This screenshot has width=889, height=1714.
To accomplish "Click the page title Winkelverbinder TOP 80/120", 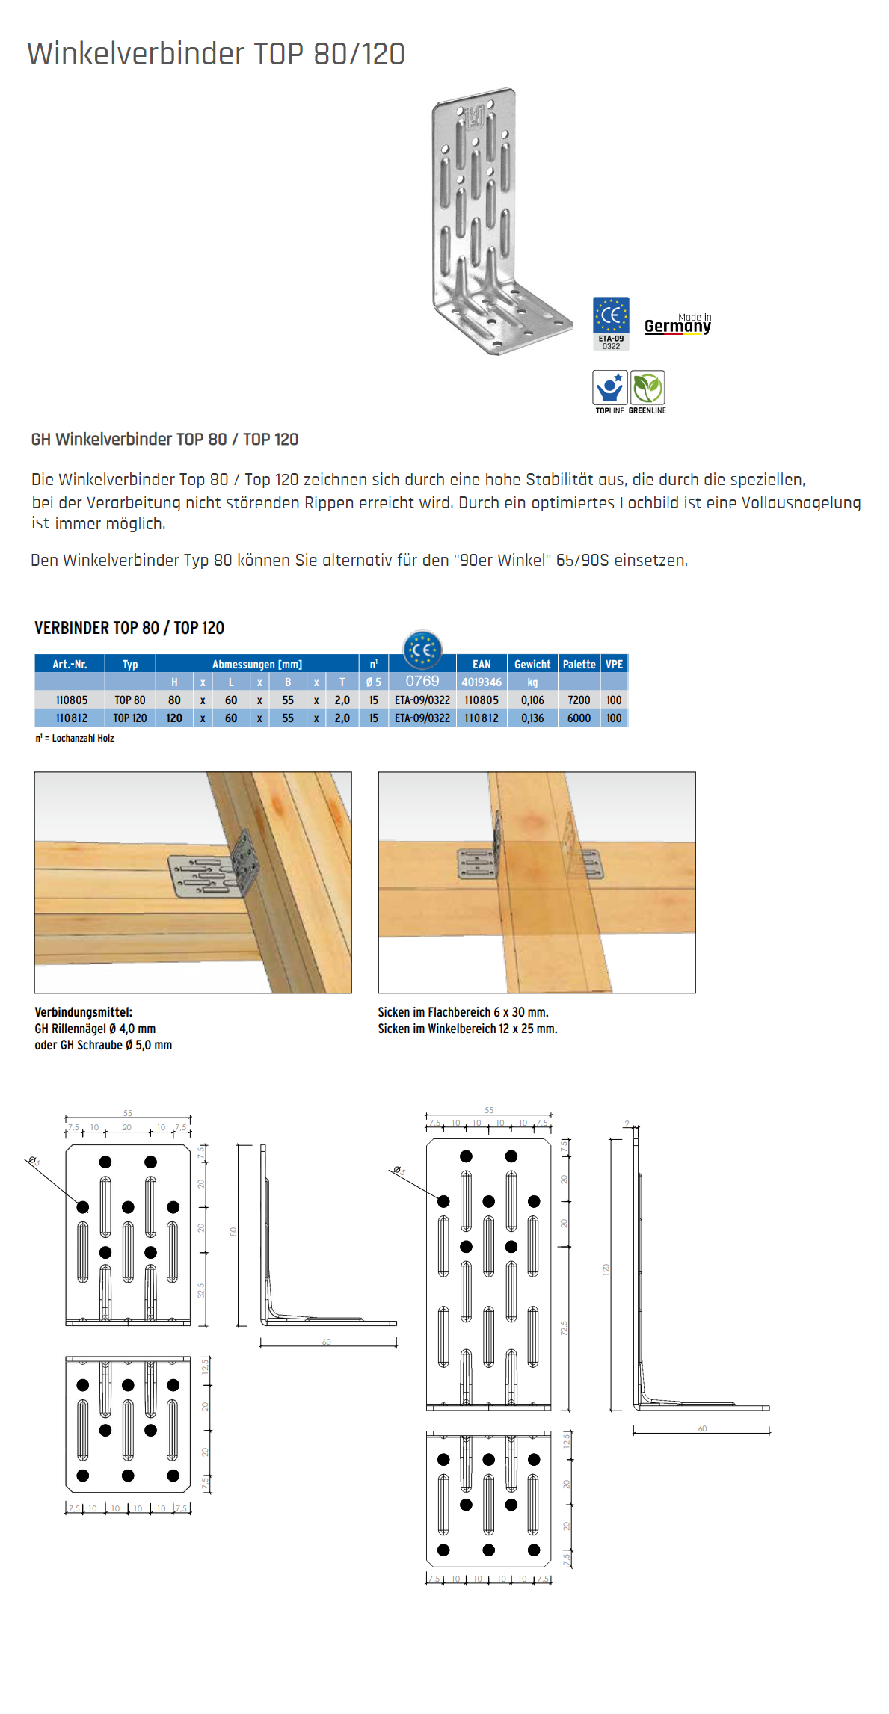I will pos(215,54).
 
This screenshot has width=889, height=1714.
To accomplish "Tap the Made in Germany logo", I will pos(677,324).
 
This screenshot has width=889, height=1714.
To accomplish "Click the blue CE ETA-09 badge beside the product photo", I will pos(611,323).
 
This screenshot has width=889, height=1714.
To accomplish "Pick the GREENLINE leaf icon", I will pos(647,389).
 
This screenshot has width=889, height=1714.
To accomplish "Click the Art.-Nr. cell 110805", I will pos(72,700).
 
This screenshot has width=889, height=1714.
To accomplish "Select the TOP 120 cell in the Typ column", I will pos(130,718).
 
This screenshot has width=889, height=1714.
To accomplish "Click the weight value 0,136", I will pos(532,718).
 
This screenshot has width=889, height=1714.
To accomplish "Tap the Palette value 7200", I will pos(579,700).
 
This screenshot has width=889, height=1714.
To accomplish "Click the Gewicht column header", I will pos(532,664).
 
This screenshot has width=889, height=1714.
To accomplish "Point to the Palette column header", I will pos(579,664).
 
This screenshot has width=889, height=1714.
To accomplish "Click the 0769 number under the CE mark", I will pos(422,681).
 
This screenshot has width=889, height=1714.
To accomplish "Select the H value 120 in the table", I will pos(174,718).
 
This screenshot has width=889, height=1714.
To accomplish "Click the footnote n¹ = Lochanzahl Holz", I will pos(75,739).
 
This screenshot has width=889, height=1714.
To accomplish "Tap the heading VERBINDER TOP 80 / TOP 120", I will pos(129,628).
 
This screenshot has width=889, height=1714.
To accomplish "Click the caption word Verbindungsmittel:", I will pos(84,1012).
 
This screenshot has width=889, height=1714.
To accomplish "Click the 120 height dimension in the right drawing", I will pos(606,1269).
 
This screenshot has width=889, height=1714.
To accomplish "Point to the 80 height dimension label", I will pos(233,1232).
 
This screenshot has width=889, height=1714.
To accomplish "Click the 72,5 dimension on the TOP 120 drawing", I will pos(565,1328).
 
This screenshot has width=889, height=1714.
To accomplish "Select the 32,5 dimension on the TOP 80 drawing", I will pos(201,1290).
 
